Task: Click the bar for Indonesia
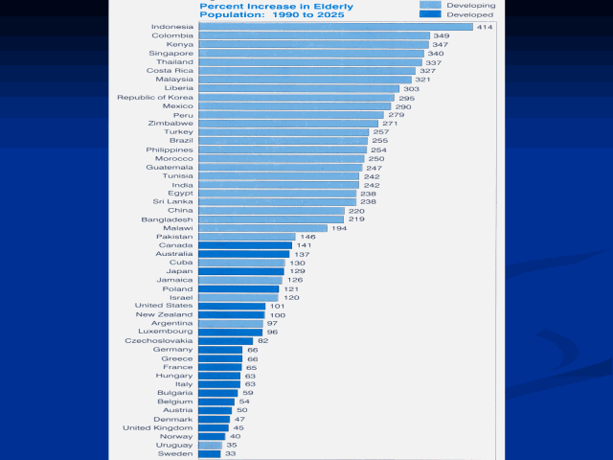point(335,26)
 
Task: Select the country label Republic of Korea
point(155,97)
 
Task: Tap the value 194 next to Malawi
point(339,228)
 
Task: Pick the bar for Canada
point(244,245)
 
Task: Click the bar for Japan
point(240,271)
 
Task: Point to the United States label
point(164,306)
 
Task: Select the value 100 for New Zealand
point(277,314)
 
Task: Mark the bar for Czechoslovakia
point(225,340)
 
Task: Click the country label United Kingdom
point(158,427)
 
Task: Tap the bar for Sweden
point(209,453)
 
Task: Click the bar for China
point(271,210)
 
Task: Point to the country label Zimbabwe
point(170,123)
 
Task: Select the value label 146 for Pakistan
point(308,236)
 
